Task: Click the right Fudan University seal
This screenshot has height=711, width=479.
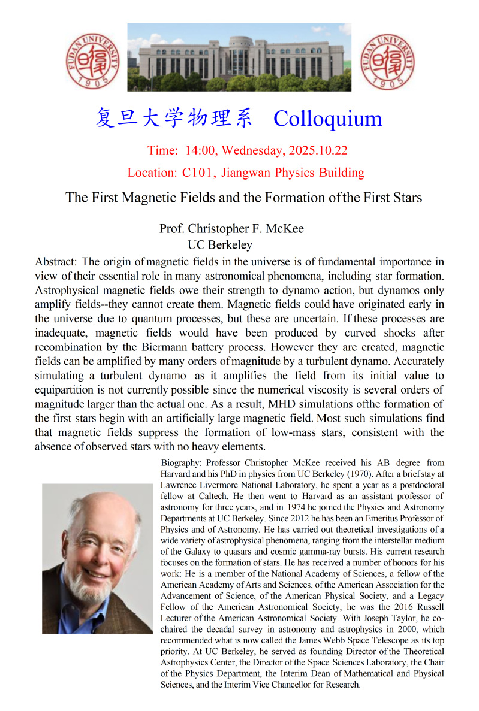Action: click(387, 59)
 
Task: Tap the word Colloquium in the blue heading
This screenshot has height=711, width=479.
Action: click(327, 118)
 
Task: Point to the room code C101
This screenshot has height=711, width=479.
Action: click(198, 173)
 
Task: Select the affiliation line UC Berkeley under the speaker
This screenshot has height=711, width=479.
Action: click(220, 245)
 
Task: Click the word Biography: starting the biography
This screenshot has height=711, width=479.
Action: click(182, 464)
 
